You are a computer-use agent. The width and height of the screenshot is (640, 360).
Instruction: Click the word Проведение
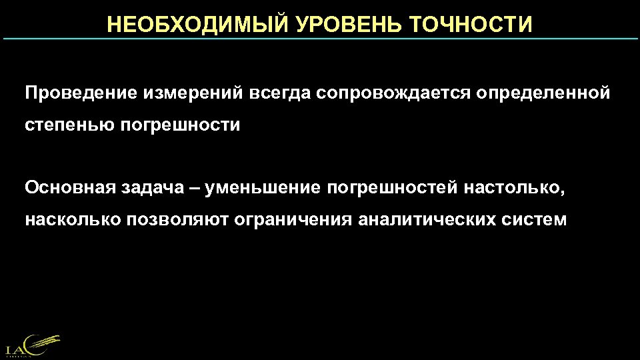click(79, 93)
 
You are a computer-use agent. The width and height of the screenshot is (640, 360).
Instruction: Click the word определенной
click(543, 93)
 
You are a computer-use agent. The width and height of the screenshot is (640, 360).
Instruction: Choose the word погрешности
click(180, 125)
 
